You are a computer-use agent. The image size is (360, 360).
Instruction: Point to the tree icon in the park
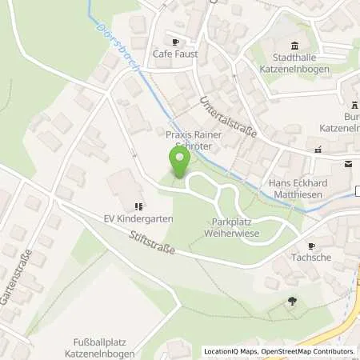(292, 302)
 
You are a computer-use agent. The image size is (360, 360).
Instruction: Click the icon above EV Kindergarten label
(139, 205)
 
